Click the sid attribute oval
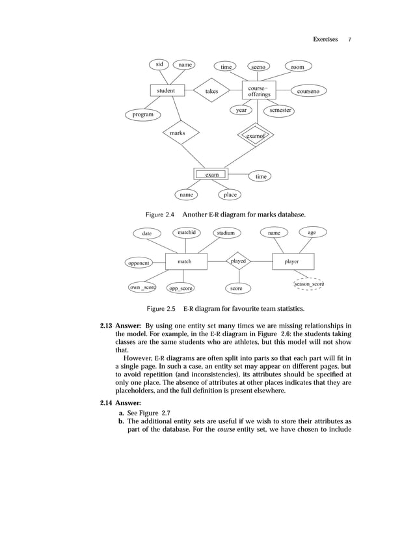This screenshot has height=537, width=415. (x=159, y=64)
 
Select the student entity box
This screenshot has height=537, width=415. (x=167, y=91)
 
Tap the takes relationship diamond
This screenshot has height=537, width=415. (x=212, y=92)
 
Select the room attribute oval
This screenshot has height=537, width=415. (x=298, y=66)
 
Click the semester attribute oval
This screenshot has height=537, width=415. (x=280, y=111)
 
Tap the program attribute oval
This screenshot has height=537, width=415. (x=143, y=114)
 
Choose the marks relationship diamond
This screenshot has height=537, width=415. (x=177, y=133)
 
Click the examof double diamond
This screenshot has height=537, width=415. (x=256, y=136)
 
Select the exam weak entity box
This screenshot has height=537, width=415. (x=211, y=174)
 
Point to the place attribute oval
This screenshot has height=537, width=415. (x=230, y=194)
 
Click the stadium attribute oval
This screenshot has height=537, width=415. (x=226, y=233)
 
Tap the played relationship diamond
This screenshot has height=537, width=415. (x=239, y=261)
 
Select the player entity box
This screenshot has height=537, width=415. (x=292, y=261)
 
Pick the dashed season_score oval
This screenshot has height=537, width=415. (x=308, y=284)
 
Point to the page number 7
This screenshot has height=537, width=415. (x=349, y=40)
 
